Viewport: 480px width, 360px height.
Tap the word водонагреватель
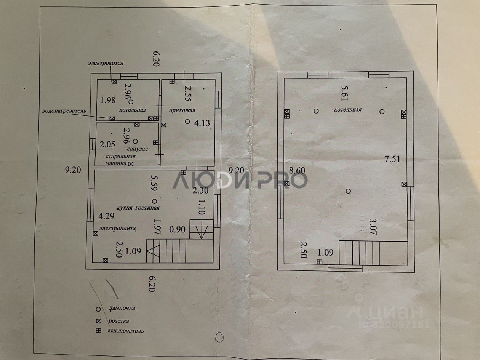click(x=64, y=111)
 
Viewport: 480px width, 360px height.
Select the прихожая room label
click(x=182, y=110)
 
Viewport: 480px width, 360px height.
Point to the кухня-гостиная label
click(x=138, y=208)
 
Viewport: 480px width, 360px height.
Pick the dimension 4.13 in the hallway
click(x=202, y=123)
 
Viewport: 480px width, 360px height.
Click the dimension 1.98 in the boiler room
click(x=108, y=101)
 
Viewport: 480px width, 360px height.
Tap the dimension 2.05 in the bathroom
click(x=107, y=144)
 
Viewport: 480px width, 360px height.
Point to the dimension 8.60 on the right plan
click(x=298, y=171)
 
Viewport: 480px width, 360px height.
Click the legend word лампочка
click(x=122, y=308)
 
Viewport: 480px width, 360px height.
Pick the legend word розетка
click(x=118, y=321)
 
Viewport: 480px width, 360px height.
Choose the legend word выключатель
click(x=126, y=331)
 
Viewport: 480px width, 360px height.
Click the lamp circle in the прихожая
click(x=187, y=122)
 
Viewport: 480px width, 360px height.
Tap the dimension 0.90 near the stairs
click(x=177, y=229)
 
